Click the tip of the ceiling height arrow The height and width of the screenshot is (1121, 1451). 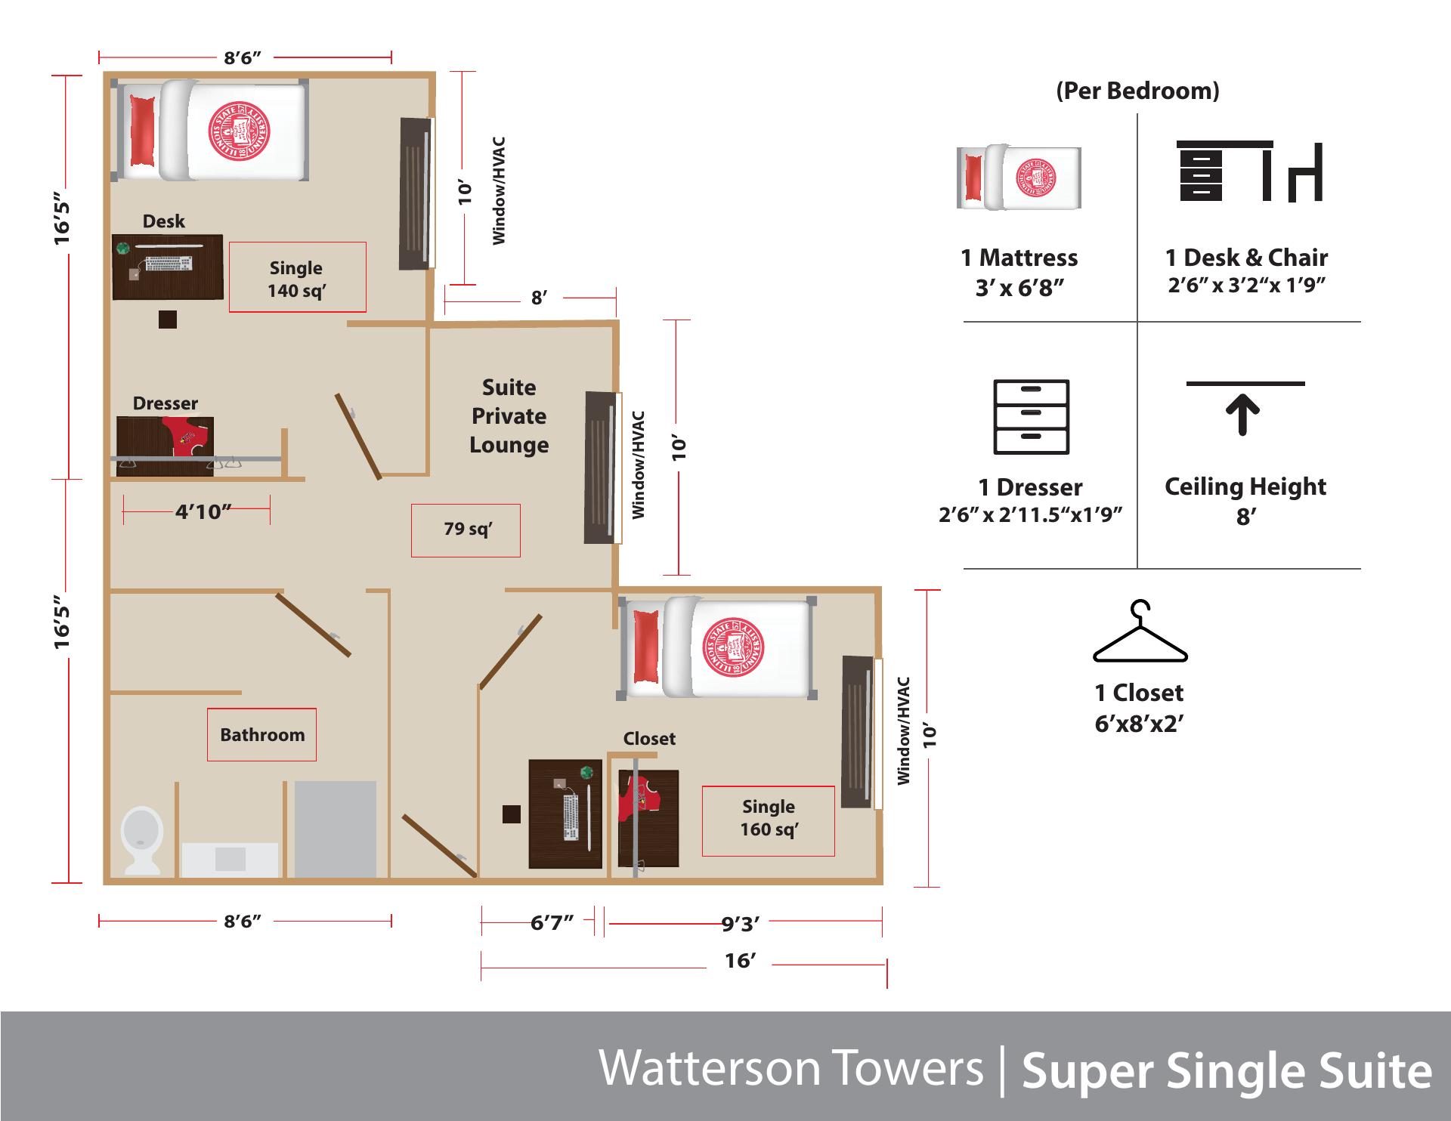[1242, 399]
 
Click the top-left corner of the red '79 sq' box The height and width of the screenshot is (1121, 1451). [412, 505]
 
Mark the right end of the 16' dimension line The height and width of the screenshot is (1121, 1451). [886, 965]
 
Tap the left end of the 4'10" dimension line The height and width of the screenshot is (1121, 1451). [123, 511]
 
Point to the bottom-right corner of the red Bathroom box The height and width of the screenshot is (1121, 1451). [316, 760]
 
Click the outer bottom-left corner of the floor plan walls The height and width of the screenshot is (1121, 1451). [104, 884]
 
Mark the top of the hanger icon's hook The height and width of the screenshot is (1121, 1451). [1140, 601]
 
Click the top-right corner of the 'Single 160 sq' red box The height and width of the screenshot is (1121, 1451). [834, 787]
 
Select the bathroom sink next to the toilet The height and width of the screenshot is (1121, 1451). [230, 860]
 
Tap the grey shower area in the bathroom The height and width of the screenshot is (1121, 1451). [336, 829]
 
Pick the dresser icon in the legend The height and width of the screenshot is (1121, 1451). [1031, 416]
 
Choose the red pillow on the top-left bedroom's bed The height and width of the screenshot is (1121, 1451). [142, 130]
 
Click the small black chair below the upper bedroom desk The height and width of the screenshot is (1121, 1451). [168, 320]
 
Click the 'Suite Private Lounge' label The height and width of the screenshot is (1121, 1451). [509, 416]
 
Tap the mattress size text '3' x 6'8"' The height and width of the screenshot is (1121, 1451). [1019, 289]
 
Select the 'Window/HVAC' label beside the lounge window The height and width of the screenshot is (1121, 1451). [639, 465]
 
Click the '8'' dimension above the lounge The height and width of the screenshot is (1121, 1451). [538, 298]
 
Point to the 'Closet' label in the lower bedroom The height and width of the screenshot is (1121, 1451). [649, 739]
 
